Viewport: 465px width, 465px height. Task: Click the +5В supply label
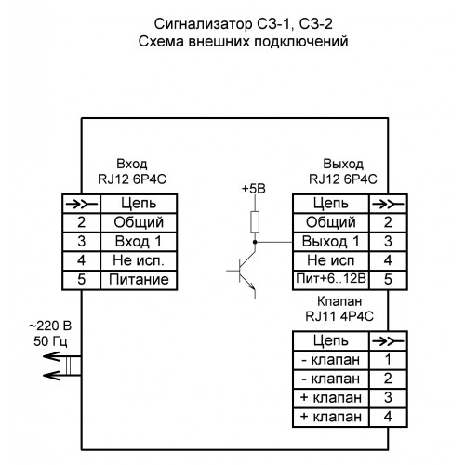[x=254, y=189]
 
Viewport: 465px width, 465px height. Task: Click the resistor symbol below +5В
[x=255, y=221]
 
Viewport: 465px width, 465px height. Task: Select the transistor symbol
[x=246, y=274]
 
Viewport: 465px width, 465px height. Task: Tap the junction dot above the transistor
[x=255, y=242]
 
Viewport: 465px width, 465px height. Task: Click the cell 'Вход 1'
[x=139, y=242]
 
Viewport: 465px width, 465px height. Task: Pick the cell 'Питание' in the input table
[x=139, y=280]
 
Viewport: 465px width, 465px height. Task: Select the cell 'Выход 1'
[x=331, y=242]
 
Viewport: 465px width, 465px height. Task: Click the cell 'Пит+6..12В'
[x=331, y=279]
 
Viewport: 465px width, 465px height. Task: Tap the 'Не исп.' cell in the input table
[x=139, y=260]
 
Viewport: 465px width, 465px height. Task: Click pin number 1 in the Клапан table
[x=388, y=360]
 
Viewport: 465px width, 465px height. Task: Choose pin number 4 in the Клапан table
[x=388, y=417]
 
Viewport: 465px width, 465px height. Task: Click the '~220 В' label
[x=50, y=326]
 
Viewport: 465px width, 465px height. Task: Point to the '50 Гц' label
[x=50, y=341]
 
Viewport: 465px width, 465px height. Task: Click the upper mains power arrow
[x=62, y=356]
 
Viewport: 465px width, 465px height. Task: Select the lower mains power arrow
[x=62, y=376]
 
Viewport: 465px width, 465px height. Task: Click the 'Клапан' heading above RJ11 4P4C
[x=339, y=301]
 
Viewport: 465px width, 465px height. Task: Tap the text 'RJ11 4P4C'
[x=339, y=316]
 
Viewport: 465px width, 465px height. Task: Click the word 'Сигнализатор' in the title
[x=204, y=24]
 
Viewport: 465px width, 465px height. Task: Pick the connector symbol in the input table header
[x=81, y=204]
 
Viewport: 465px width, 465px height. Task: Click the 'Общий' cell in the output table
[x=331, y=222]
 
